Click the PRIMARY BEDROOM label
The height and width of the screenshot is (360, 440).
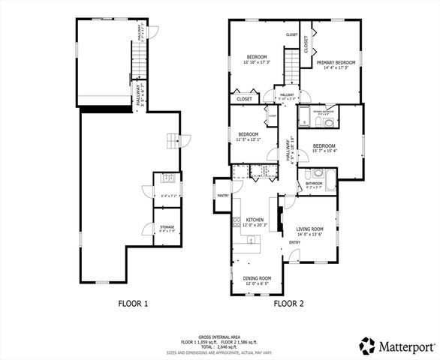[335, 63]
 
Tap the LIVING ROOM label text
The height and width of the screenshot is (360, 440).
[309, 229]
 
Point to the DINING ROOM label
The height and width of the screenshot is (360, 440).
[256, 278]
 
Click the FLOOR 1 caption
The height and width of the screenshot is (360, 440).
[134, 304]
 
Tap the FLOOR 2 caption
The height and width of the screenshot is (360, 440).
[288, 304]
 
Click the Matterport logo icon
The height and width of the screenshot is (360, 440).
[367, 346]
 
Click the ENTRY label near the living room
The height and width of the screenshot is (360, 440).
[295, 242]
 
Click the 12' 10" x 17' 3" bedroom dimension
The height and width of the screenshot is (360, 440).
[258, 62]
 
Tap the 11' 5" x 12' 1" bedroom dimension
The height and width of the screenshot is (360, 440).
[247, 139]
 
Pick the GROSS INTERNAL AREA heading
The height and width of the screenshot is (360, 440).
[219, 338]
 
